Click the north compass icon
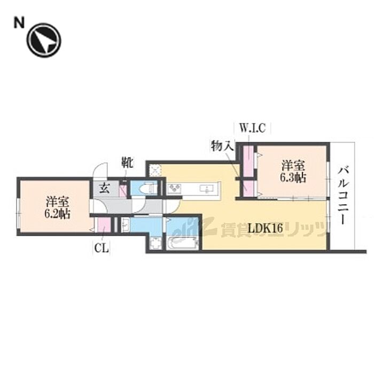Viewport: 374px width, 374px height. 44,41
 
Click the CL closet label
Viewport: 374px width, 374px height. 99,247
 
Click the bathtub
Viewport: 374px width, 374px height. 182,243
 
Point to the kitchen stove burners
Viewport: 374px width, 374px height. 175,188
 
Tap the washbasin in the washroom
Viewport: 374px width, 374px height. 127,224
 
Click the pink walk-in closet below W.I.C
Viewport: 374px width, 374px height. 248,160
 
